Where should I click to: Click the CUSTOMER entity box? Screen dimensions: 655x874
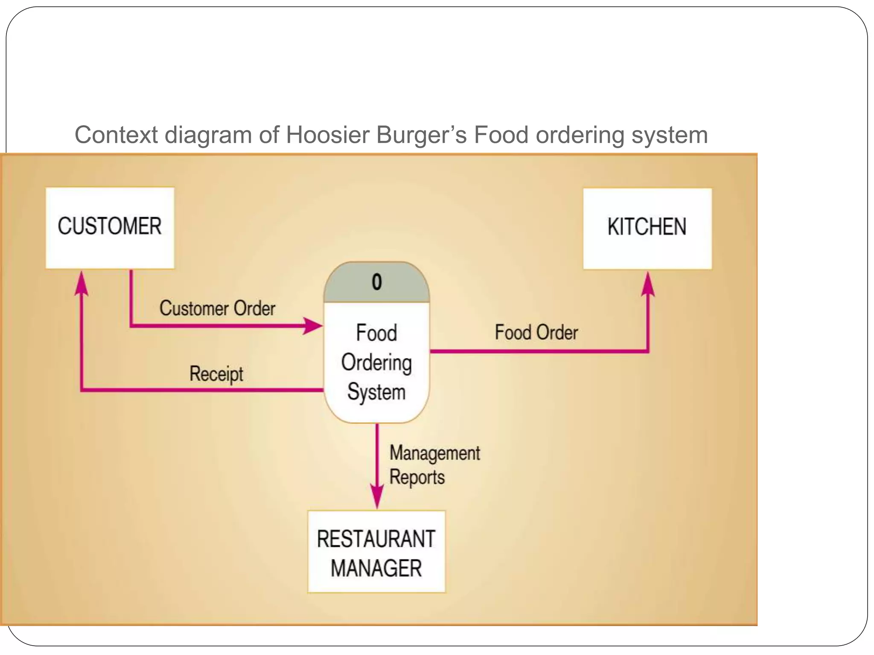pos(110,228)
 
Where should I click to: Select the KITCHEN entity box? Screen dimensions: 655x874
pos(647,229)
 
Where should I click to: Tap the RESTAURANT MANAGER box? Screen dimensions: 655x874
pos(376,551)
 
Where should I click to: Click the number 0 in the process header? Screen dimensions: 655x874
pos(376,282)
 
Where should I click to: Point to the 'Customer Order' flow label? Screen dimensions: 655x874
pos(217,308)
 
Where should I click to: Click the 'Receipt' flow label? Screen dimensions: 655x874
pos(216,374)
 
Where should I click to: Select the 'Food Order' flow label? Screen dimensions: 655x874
pos(536,333)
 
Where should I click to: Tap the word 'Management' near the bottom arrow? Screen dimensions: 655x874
pos(434,453)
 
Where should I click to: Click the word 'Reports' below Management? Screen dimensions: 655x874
pos(417,477)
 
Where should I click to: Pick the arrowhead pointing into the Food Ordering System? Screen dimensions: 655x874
pos(314,326)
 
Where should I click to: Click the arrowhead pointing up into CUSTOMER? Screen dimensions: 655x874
pos(81,283)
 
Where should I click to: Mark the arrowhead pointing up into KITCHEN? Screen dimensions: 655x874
pos(648,284)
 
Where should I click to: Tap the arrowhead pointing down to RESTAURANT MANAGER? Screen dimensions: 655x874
pos(377,497)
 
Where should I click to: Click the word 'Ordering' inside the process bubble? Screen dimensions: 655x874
pos(376,363)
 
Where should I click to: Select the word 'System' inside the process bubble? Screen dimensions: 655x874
pos(376,392)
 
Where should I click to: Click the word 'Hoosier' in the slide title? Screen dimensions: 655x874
pos(327,135)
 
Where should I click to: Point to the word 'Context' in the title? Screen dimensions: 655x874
pos(117,135)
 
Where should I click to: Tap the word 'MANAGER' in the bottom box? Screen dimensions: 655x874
pos(376,568)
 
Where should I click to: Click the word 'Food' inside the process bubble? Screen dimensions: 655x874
pos(376,333)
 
